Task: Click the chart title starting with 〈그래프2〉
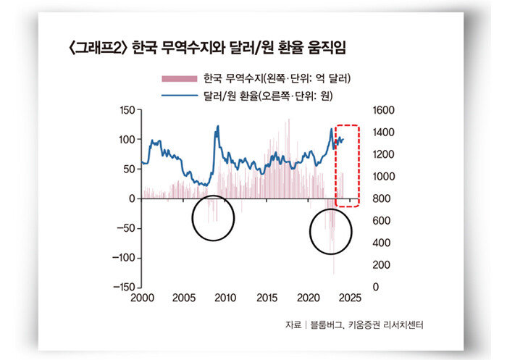point(205,49)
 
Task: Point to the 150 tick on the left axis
point(127,110)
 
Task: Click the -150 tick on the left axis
point(125,288)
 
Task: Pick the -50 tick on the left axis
point(127,228)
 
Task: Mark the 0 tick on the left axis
point(132,198)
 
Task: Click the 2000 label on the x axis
point(141,298)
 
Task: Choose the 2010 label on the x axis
point(225,298)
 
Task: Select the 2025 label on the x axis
point(351,298)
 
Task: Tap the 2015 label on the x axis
point(267,298)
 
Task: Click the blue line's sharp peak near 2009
point(218,127)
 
